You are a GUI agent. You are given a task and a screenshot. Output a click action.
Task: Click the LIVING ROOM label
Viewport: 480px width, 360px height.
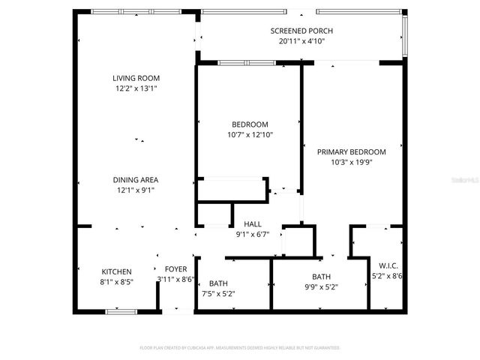(x=136, y=78)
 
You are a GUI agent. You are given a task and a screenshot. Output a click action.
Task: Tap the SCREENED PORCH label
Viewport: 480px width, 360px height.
(x=301, y=31)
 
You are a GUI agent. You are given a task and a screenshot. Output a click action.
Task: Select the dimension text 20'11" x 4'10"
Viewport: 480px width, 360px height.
(x=301, y=41)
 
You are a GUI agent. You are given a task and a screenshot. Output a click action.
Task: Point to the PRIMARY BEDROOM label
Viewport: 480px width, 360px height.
(x=351, y=151)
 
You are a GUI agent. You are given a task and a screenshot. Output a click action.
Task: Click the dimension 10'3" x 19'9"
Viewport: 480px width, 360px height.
(x=351, y=161)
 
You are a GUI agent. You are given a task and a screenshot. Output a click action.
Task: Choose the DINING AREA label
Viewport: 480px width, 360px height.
(x=136, y=180)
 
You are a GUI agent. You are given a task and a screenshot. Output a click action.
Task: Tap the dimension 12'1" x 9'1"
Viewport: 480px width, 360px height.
(x=136, y=190)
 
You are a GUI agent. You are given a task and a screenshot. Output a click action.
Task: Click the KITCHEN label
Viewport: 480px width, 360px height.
(x=117, y=271)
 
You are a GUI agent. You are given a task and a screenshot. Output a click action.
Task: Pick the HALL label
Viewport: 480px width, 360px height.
(x=253, y=224)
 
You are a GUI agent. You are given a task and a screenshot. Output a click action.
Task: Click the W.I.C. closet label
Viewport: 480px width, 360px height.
(x=388, y=265)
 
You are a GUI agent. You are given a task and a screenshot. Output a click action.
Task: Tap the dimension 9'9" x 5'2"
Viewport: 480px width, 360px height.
(x=322, y=287)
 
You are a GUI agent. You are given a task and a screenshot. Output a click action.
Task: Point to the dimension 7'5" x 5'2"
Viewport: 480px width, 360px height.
(x=219, y=293)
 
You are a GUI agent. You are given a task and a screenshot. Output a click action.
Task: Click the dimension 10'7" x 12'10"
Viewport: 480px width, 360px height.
(x=250, y=135)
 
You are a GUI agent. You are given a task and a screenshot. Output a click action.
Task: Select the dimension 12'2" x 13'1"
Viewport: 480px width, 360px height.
(x=136, y=88)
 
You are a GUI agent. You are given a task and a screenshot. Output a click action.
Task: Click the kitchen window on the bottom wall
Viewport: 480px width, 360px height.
(x=120, y=310)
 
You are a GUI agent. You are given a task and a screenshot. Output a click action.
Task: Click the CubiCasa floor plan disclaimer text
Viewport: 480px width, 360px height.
(x=240, y=348)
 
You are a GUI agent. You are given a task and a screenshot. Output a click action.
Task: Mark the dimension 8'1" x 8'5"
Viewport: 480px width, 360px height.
(x=117, y=283)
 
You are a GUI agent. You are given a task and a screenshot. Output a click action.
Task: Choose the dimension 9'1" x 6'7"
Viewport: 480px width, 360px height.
(x=253, y=235)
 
